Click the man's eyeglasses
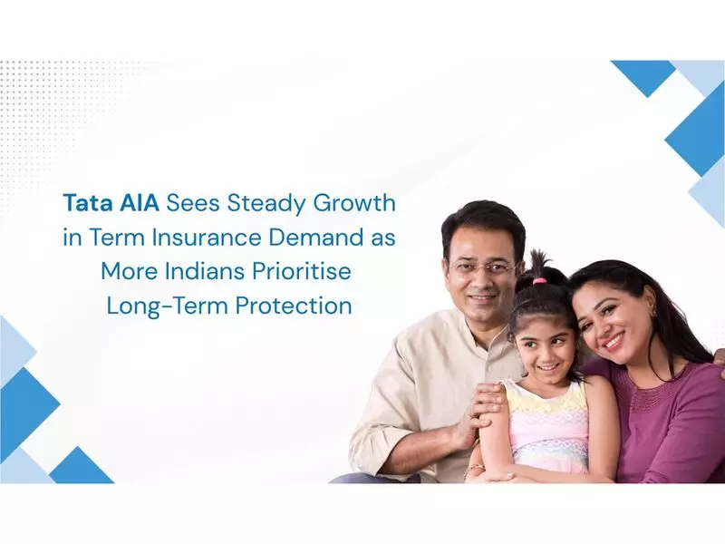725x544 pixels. pyautogui.click(x=482, y=268)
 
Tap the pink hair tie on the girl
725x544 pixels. pyautogui.click(x=539, y=282)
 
